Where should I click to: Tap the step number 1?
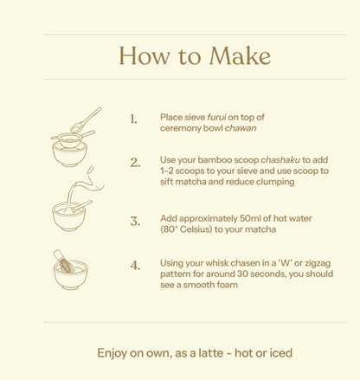133,119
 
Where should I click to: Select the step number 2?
135,162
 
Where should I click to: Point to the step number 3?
135,221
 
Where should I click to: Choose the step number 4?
135,266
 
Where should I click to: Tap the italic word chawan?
241,126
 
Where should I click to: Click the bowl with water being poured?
72,214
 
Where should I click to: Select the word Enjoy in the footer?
112,353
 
